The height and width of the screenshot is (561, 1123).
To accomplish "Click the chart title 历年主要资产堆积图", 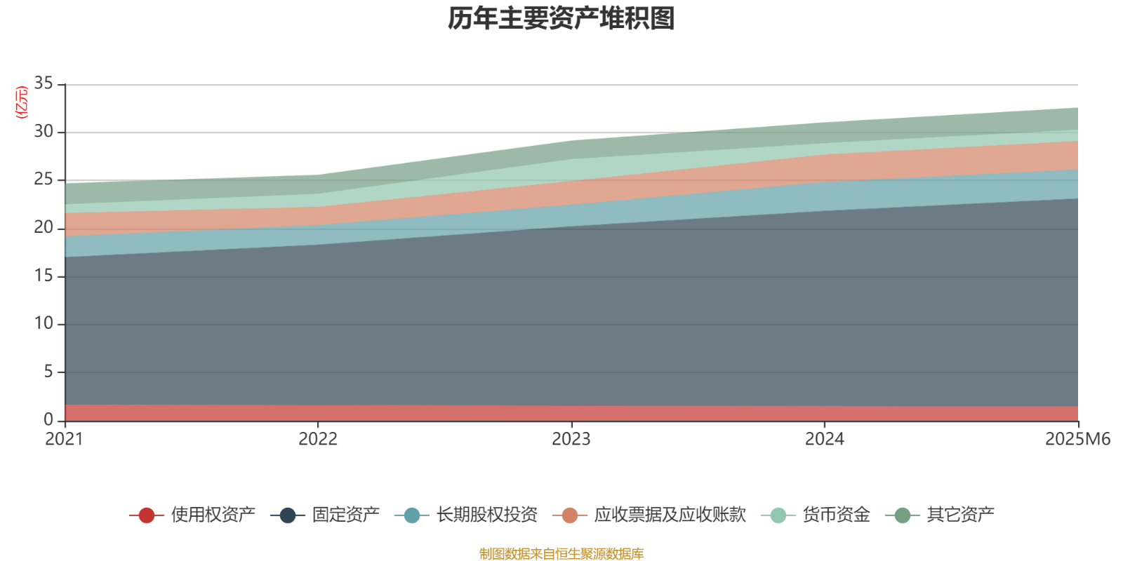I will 561,19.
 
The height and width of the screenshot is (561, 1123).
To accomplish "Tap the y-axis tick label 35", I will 44,83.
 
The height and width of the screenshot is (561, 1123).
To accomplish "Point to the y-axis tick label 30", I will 44,131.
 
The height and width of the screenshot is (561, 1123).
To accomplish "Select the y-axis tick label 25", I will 44,180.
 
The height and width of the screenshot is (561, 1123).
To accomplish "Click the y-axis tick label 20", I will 44,227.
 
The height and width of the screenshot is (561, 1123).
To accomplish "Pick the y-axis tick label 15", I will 44,276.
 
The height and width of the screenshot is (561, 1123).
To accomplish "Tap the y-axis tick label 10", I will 44,323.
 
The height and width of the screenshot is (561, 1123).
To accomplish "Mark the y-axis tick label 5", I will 48,371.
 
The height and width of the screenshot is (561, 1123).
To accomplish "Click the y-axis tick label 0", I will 48,419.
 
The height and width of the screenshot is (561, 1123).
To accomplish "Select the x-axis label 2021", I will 64,439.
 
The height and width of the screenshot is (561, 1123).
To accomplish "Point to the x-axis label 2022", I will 318,439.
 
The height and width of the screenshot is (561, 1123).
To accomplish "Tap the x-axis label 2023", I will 571,439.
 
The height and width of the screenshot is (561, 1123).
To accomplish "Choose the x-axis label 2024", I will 825,439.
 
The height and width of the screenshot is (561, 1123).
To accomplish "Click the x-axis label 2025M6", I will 1077,439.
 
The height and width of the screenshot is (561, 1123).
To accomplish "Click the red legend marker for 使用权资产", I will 146,515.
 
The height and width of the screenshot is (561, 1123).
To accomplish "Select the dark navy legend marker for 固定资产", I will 288,515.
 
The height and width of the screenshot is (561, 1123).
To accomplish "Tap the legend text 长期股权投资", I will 487,515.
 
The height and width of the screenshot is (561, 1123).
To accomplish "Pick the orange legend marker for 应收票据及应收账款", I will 570,515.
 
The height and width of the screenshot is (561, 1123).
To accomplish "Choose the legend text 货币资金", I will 837,515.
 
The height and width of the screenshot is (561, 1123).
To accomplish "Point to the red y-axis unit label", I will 22,102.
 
